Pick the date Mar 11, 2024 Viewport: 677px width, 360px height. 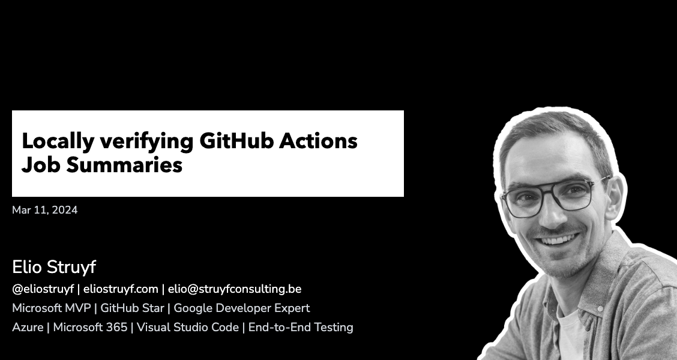click(44, 210)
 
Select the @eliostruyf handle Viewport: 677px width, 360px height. click(43, 289)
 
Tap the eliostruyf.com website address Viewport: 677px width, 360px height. click(120, 289)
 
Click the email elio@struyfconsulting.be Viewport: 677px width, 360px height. click(235, 289)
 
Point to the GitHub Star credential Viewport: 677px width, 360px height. click(131, 308)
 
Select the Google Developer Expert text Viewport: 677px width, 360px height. click(242, 308)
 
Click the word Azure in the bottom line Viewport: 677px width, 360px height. click(28, 328)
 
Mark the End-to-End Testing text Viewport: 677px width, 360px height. click(301, 328)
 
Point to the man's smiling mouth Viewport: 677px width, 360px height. click(558, 239)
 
